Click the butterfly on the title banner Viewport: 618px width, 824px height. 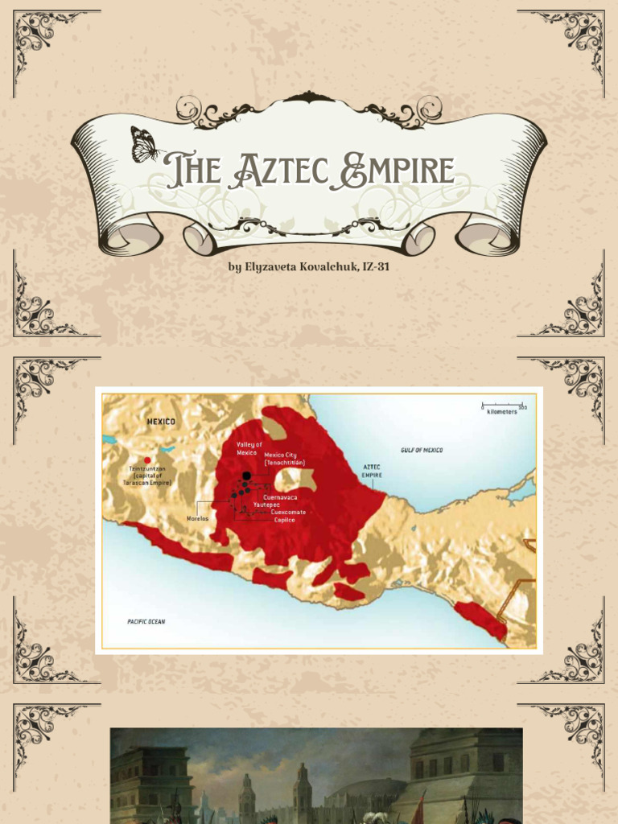click(145, 145)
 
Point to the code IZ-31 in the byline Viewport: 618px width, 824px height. click(373, 266)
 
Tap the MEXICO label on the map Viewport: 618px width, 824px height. click(161, 421)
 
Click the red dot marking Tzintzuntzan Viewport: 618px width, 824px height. click(147, 460)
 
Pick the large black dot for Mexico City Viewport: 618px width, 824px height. click(246, 476)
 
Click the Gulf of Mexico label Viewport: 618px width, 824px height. click(422, 450)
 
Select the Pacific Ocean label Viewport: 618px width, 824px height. click(146, 621)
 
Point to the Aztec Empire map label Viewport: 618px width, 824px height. click(371, 471)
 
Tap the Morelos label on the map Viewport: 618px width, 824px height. click(197, 518)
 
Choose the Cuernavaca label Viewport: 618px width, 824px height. click(280, 497)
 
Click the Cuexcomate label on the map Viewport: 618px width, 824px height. click(288, 513)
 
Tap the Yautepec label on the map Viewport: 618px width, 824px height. click(266, 505)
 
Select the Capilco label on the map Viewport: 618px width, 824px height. click(285, 520)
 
